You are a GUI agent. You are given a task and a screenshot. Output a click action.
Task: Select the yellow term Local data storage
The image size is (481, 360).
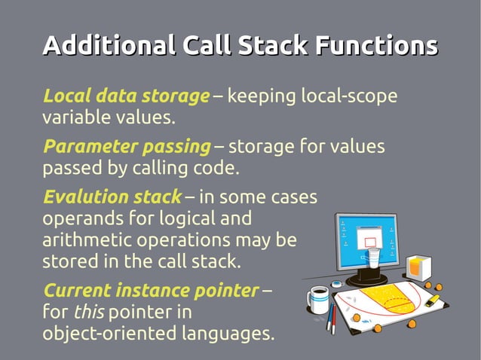pyautogui.click(x=126, y=96)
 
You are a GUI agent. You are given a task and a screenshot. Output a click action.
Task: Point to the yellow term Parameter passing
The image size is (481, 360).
pyautogui.click(x=126, y=146)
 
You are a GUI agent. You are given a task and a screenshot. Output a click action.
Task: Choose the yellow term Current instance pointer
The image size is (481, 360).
pyautogui.click(x=151, y=290)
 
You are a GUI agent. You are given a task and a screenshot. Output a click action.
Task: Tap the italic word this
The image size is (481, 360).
pyautogui.click(x=87, y=311)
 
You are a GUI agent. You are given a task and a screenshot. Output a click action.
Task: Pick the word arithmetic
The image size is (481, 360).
pyautogui.click(x=84, y=241)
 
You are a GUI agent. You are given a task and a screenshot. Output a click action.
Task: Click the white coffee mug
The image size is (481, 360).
pyautogui.click(x=318, y=298)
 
